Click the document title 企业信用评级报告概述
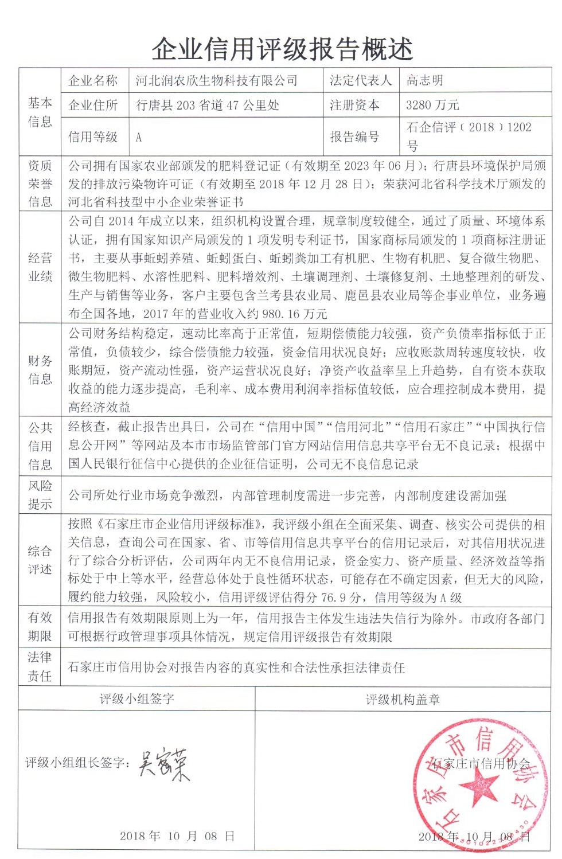click(282, 49)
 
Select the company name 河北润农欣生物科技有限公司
click(217, 81)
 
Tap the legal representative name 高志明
click(425, 81)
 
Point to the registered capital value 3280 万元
click(432, 105)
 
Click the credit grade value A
click(139, 138)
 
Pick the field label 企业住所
click(93, 105)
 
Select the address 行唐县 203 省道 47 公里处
click(208, 105)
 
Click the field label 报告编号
click(354, 137)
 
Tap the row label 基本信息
click(40, 112)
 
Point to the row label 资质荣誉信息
click(40, 183)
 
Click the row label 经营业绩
click(40, 267)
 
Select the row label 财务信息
click(40, 370)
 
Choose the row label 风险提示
click(40, 495)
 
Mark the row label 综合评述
click(40, 560)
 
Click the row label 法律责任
click(40, 667)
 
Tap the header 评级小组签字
click(137, 699)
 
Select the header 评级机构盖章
click(403, 699)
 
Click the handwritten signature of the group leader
click(163, 765)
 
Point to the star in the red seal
click(477, 786)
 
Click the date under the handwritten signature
click(177, 836)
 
